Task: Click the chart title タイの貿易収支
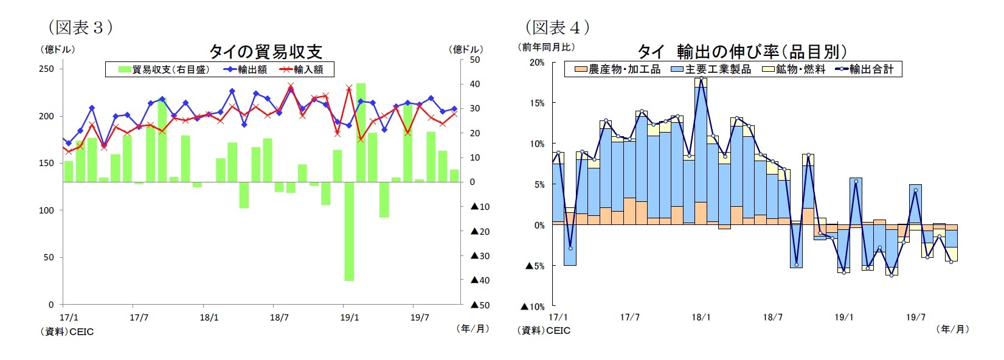point(265,51)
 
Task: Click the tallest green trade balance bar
point(361,133)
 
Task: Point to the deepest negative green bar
point(349,231)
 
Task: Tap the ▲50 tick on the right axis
point(480,305)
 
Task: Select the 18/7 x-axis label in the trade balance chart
point(279,317)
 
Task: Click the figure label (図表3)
point(80,27)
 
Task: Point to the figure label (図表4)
point(557,27)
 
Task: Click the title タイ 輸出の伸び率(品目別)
point(741,51)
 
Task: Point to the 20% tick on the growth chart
point(537,62)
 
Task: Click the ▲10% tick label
point(533,306)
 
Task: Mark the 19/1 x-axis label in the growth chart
point(843,317)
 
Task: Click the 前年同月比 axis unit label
point(546,47)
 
